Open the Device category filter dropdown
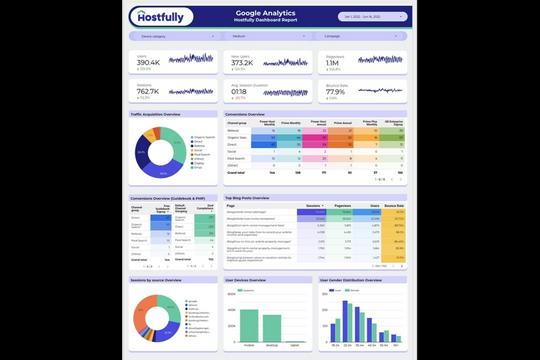coord(171,37)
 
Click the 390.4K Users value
coord(148,64)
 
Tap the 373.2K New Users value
coord(242,64)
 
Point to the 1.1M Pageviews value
coord(333,64)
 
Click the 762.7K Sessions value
coord(148,93)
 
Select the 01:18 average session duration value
coord(241,93)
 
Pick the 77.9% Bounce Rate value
coord(335,93)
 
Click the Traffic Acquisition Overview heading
coord(155,114)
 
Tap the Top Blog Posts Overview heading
coord(251,198)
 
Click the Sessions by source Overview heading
coord(155,281)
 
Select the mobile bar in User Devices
coord(245,321)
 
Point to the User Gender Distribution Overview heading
coord(351,281)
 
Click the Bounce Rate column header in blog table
coord(394,206)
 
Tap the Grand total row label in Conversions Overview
coord(236,172)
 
